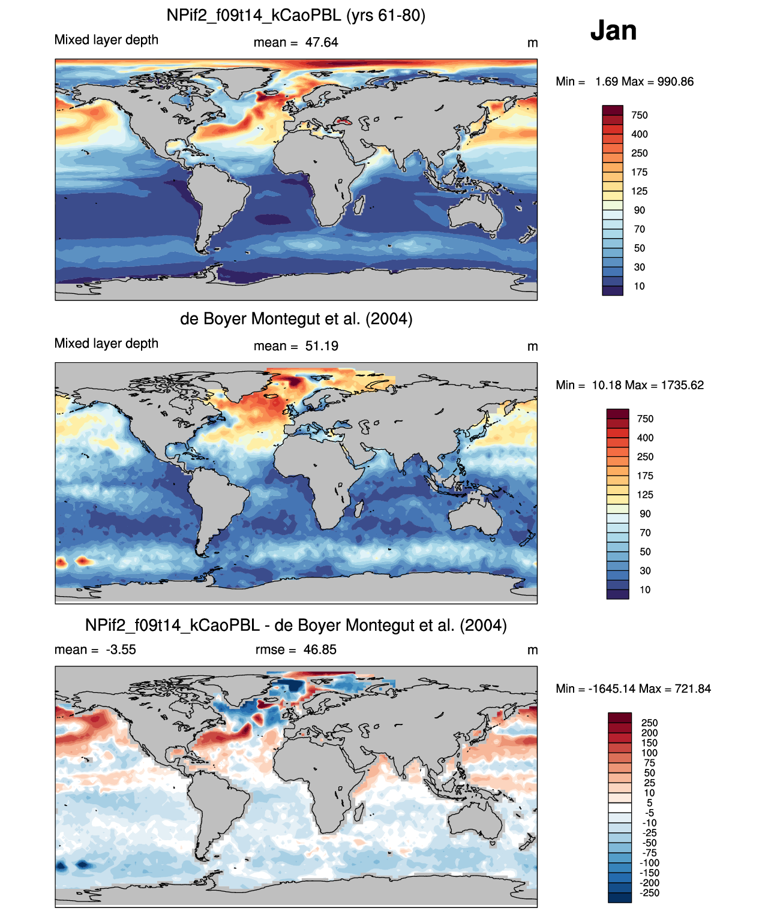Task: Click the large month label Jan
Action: [x=613, y=31]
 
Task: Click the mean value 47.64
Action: [x=322, y=43]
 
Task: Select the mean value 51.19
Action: [x=322, y=346]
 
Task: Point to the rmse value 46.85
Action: [x=320, y=650]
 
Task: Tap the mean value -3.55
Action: [x=121, y=650]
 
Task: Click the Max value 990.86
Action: [x=676, y=82]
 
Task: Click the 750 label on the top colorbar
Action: [x=639, y=116]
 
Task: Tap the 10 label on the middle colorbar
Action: [x=645, y=590]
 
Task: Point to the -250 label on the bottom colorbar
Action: [x=650, y=893]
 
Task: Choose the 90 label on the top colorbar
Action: [x=639, y=211]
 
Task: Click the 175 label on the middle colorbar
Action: [x=645, y=476]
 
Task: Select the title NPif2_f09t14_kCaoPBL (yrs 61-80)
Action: [x=296, y=16]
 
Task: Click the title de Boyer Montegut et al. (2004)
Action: [x=296, y=318]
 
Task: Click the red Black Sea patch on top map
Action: [x=343, y=121]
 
